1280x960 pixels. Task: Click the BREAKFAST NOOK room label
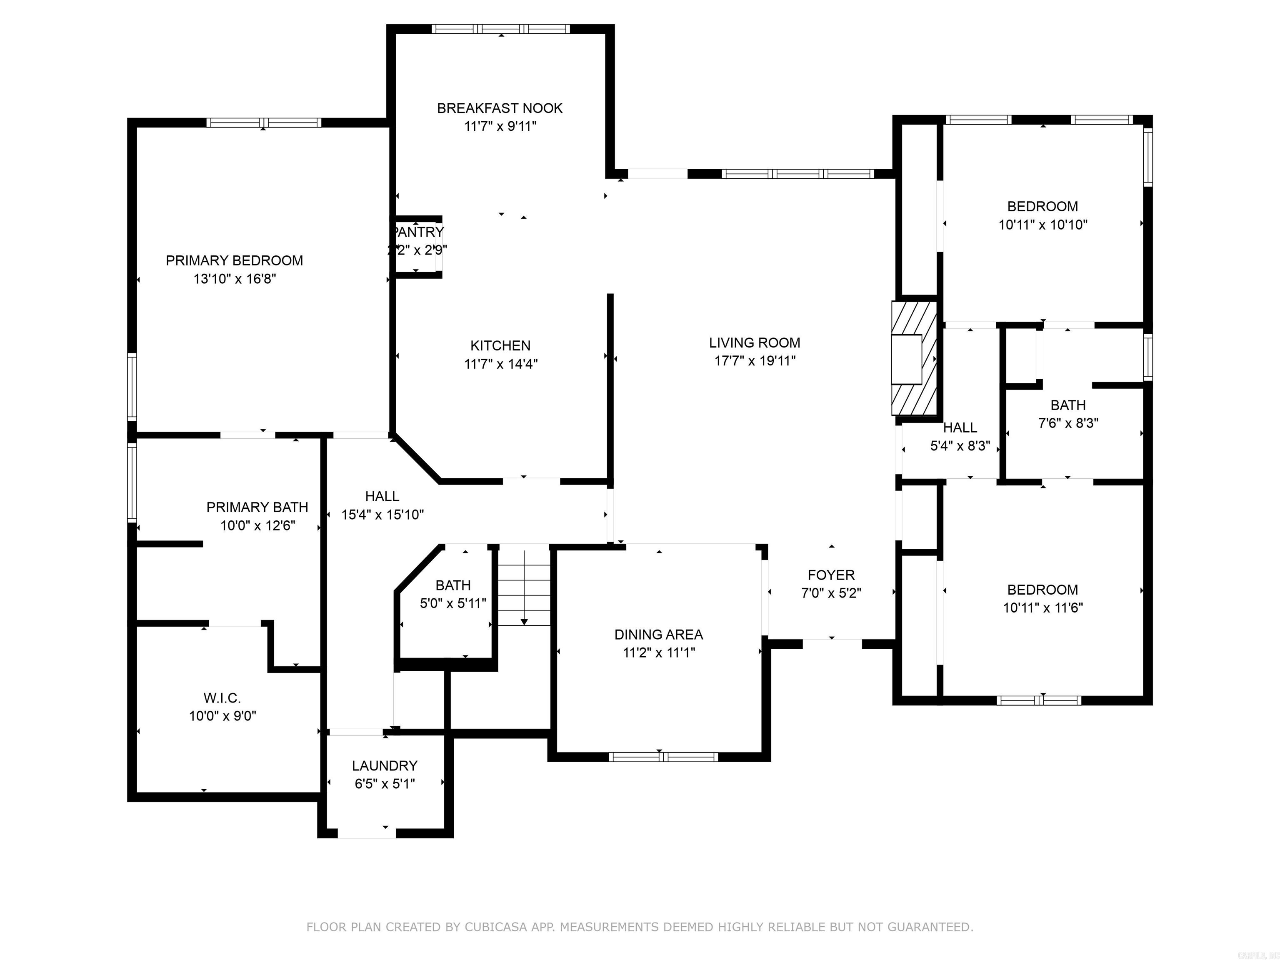[500, 108]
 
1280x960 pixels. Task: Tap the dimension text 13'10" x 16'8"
[234, 279]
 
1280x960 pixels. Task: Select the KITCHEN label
[500, 345]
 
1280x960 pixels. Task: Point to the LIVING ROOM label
[755, 342]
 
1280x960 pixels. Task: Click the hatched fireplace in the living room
[914, 358]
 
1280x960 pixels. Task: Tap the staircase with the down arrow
[524, 588]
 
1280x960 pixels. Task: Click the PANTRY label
[418, 232]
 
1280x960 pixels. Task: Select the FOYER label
[831, 575]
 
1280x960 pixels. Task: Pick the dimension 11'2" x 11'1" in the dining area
[658, 653]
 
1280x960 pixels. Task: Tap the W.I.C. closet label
[222, 698]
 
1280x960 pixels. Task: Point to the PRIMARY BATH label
[257, 507]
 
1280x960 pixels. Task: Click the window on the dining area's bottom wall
[663, 756]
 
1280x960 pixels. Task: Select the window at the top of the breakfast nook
[500, 29]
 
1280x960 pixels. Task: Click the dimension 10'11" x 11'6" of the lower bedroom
[1043, 607]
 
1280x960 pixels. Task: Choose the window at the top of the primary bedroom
[263, 122]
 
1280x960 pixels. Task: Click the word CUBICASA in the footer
[496, 927]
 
